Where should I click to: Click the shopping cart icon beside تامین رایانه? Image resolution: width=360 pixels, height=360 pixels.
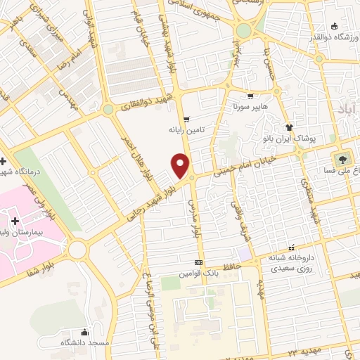pyautogui.click(x=186, y=119)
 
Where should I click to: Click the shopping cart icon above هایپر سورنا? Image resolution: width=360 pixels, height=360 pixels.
pyautogui.click(x=251, y=96)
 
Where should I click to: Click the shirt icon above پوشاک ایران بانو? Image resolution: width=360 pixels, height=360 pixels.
pyautogui.click(x=288, y=127)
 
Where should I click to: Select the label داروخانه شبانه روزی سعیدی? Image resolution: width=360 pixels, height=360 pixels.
pyautogui.click(x=288, y=264)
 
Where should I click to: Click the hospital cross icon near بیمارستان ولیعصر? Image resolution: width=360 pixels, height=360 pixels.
pyautogui.click(x=15, y=221)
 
